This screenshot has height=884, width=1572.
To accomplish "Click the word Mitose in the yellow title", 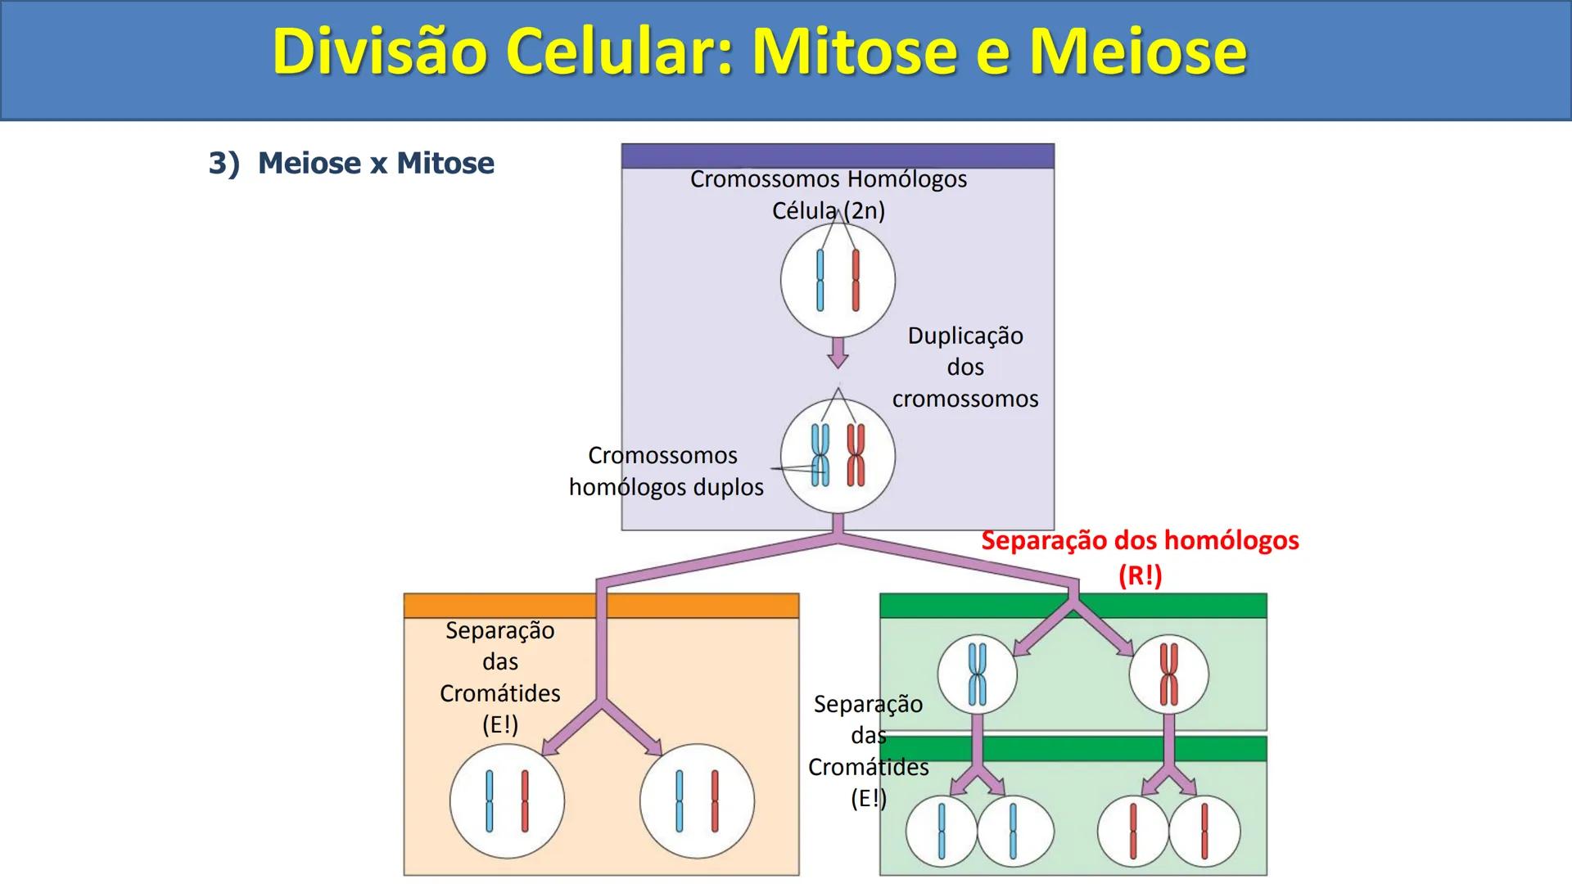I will click(854, 52).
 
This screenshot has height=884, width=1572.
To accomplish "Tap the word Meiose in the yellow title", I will click(1138, 52).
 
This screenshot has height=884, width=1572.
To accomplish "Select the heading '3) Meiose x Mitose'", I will click(351, 163).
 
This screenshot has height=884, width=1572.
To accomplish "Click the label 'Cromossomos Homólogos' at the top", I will click(828, 179).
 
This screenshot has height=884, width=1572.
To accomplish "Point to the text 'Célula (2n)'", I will click(828, 211).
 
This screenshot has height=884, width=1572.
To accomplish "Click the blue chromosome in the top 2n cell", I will click(820, 281).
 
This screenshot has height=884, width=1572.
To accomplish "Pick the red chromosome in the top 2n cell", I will click(856, 281).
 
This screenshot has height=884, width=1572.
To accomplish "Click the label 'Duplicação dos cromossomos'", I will click(965, 367).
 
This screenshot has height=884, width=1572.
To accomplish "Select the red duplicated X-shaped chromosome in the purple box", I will click(856, 455).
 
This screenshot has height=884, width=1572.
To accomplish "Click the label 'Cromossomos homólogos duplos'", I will click(665, 471).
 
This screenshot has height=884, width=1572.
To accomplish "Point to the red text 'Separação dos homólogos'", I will click(1140, 541).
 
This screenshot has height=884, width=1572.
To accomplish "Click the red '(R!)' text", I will click(1140, 575).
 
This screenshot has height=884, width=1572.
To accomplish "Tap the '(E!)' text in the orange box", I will click(499, 725).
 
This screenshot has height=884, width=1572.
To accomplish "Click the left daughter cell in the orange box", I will click(507, 801).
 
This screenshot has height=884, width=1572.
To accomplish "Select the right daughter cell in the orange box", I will click(697, 801).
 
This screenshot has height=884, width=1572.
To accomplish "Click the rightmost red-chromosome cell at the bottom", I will click(1204, 832).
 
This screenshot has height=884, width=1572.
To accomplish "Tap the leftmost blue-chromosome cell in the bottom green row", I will click(941, 832).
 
